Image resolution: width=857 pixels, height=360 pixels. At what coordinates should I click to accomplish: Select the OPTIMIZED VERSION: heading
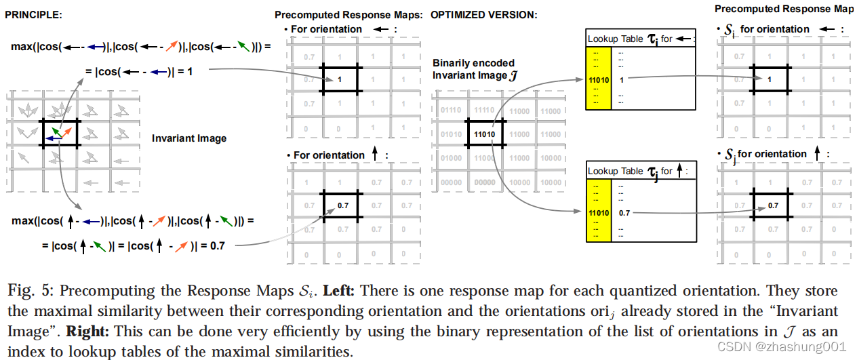pos(484,15)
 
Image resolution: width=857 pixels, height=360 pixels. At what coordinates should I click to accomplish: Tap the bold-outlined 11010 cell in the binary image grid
pos(484,133)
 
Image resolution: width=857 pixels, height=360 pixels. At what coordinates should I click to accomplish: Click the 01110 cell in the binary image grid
pos(450,111)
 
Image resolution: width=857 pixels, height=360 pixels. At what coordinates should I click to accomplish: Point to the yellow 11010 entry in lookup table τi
pos(599,79)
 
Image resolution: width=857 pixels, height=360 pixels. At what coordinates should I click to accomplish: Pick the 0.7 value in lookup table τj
pos(624,213)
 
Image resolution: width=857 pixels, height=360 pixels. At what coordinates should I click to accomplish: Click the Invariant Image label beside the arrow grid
pos(189,138)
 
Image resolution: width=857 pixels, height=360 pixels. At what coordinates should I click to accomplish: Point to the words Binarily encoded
pos(474,63)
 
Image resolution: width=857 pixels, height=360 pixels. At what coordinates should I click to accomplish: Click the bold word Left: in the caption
pos(338,291)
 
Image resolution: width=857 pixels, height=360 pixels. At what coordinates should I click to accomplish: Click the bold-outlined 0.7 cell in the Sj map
pos(772,205)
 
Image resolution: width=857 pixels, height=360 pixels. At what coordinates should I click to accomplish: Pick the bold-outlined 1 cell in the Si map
pos(769,80)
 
